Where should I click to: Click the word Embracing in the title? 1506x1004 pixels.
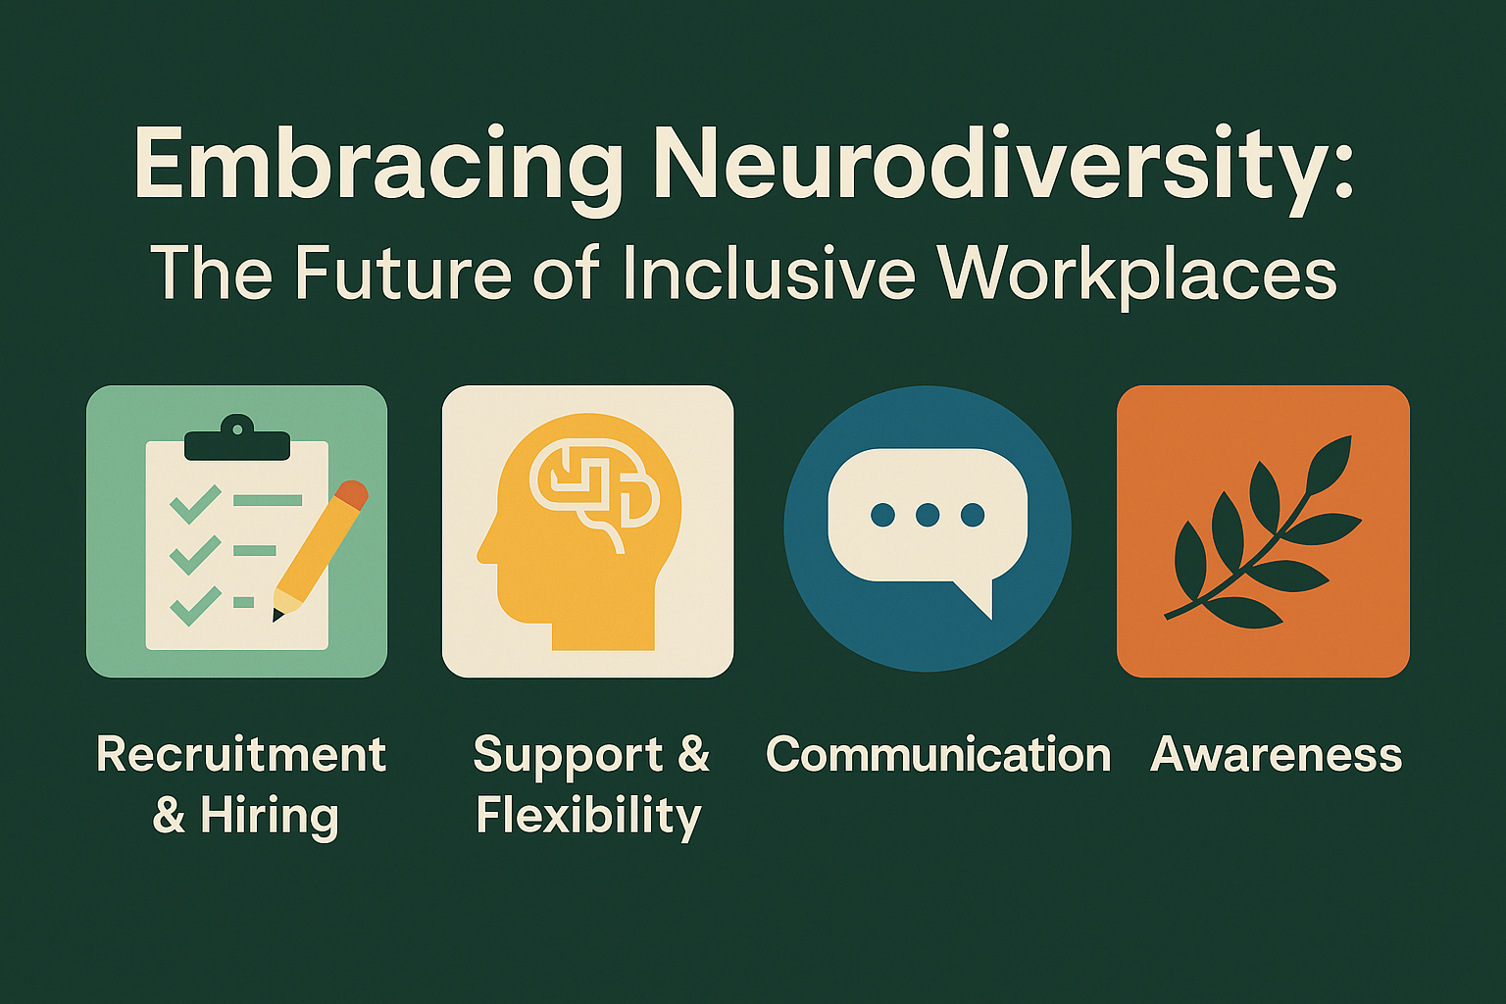click(x=378, y=166)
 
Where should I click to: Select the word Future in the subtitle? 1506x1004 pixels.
click(x=403, y=273)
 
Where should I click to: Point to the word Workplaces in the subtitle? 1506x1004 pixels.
click(x=1137, y=276)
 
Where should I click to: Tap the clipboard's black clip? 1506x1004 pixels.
click(x=237, y=438)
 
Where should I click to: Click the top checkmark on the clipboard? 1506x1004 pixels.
click(x=196, y=503)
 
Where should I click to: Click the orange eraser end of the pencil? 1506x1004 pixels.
click(x=352, y=494)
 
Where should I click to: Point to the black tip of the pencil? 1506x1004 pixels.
click(x=276, y=615)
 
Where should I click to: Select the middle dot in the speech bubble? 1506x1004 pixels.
click(x=928, y=515)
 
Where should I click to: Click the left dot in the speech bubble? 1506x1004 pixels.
click(x=882, y=515)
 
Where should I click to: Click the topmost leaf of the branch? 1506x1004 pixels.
click(x=1330, y=464)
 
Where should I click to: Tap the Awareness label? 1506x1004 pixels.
click(x=1276, y=755)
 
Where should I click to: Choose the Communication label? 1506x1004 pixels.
click(x=938, y=754)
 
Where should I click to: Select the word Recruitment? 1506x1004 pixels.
click(x=241, y=754)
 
